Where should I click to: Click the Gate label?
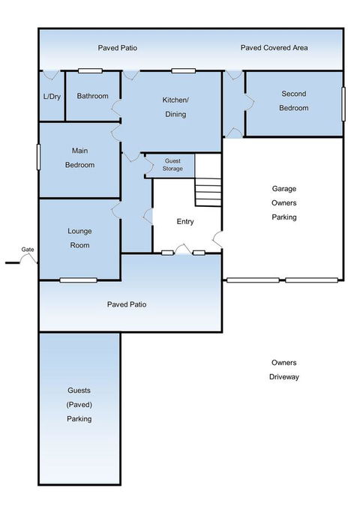click(28, 250)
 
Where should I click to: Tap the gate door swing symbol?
click(28, 256)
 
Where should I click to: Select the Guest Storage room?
click(170, 166)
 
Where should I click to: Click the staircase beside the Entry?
click(208, 192)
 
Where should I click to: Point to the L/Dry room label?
click(52, 97)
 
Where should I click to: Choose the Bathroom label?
click(92, 96)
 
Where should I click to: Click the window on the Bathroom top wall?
click(91, 70)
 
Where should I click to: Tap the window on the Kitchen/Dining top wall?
click(184, 70)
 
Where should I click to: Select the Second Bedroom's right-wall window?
click(343, 104)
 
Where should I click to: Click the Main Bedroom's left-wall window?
click(39, 157)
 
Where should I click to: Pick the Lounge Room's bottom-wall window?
click(79, 280)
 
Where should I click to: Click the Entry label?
click(185, 221)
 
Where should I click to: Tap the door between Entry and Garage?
click(218, 239)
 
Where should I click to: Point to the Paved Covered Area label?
click(274, 48)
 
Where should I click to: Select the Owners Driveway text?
click(284, 370)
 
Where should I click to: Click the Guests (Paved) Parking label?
click(79, 405)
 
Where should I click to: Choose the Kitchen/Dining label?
click(175, 107)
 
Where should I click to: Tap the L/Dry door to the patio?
click(51, 75)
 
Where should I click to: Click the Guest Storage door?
click(148, 165)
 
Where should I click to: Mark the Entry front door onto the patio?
click(183, 248)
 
